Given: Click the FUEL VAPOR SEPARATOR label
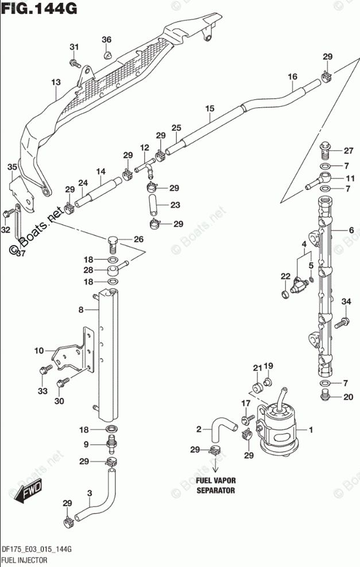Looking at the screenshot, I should [216, 486].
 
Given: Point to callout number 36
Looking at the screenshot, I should [106, 40].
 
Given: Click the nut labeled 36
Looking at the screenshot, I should [107, 55].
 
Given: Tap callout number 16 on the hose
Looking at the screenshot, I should [292, 77].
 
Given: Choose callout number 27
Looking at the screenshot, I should [348, 151].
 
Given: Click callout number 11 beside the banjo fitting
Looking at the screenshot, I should [350, 178].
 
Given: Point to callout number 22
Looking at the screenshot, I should [285, 277].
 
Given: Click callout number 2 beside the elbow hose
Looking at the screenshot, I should [199, 429].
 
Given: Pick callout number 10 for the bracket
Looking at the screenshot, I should [38, 351].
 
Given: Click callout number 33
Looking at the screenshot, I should [41, 391].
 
